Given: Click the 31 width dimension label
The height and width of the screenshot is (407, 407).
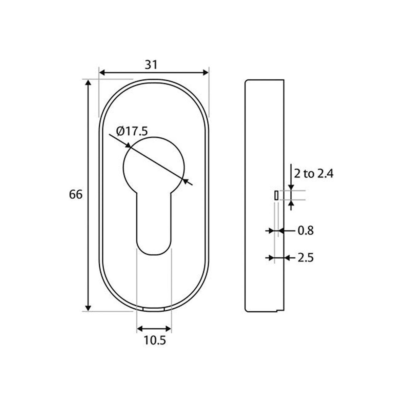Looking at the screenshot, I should (x=152, y=64).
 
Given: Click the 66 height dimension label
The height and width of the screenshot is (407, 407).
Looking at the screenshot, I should (x=76, y=195).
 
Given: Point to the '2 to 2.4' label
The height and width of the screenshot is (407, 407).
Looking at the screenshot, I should (x=314, y=174).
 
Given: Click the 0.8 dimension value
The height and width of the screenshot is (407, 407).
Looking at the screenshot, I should (x=305, y=231).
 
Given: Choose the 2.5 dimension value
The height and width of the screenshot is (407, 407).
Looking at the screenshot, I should (x=305, y=258).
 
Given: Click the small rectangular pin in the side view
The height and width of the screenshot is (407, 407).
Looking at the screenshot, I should (x=276, y=195).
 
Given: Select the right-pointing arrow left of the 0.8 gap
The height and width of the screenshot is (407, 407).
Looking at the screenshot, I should (x=271, y=231).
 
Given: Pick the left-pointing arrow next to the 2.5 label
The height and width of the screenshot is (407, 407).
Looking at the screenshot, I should (x=288, y=258).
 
